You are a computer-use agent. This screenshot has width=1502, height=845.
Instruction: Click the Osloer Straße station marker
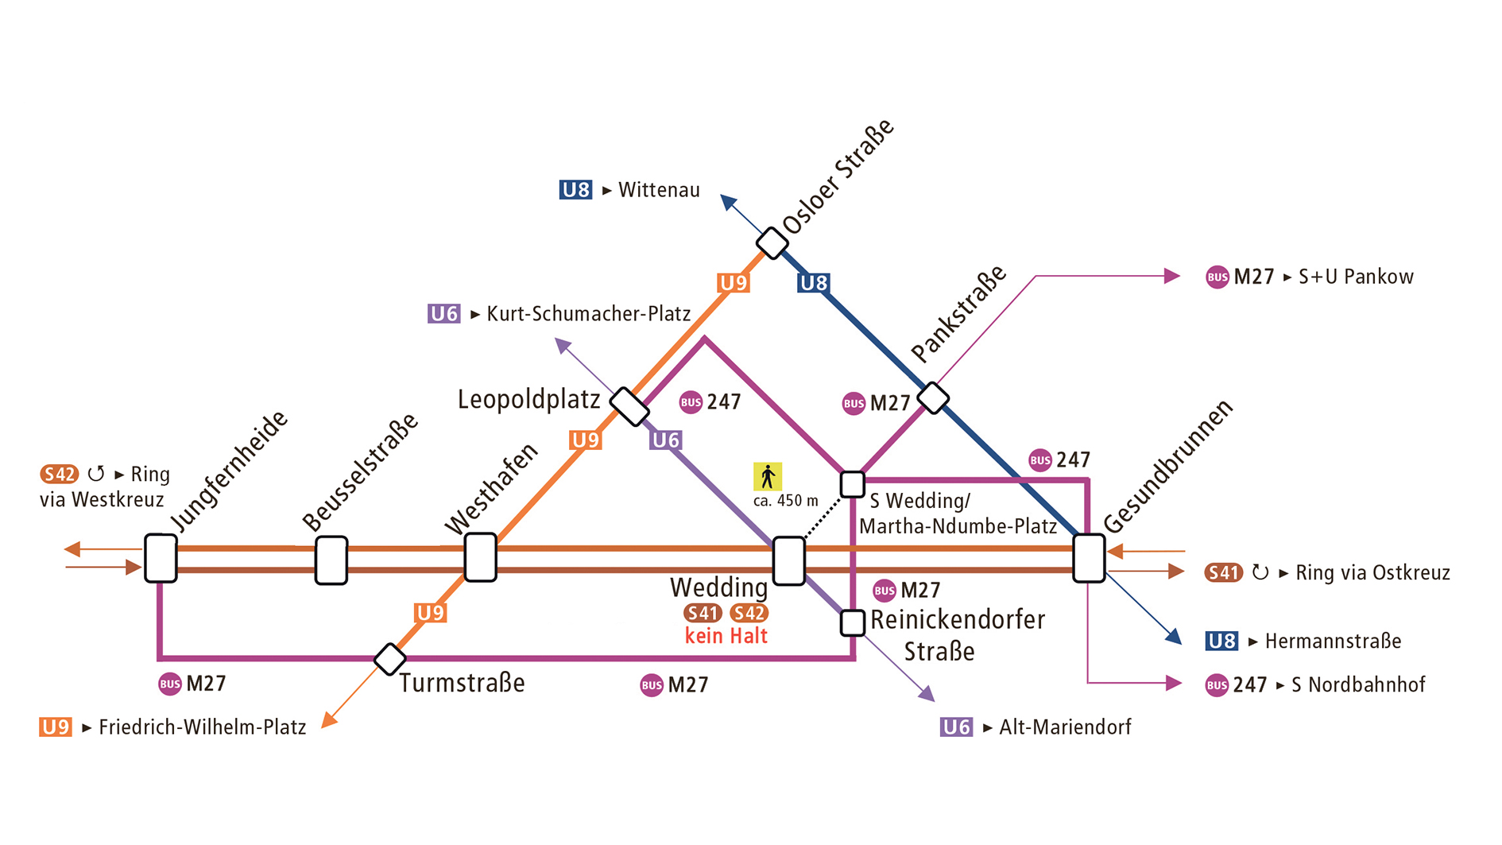[772, 242]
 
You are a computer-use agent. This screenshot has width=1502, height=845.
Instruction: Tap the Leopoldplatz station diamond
[629, 406]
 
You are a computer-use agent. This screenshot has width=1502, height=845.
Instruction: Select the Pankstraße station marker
[933, 397]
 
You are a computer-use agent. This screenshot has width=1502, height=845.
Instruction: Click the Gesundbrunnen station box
[1089, 558]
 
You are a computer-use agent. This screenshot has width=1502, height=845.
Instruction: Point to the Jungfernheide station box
[161, 558]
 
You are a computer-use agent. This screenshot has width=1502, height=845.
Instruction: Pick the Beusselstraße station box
[331, 560]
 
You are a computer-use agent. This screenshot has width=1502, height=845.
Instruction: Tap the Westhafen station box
[480, 557]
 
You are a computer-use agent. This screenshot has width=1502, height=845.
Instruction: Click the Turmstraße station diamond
[390, 659]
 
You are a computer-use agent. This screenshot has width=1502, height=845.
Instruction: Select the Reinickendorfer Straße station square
[853, 622]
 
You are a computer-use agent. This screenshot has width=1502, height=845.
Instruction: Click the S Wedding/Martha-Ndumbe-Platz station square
[853, 483]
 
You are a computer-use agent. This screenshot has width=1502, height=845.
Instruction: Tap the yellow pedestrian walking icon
[768, 476]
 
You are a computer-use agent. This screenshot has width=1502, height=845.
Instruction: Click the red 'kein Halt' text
[726, 636]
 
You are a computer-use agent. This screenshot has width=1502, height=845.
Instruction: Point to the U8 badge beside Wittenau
[575, 190]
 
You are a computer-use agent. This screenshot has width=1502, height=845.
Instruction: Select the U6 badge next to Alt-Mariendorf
[956, 727]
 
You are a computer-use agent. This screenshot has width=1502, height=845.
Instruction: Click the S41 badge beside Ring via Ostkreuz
[1223, 572]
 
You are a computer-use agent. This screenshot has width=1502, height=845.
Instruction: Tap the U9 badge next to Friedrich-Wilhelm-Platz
[56, 727]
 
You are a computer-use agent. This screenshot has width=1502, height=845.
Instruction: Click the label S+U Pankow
[1356, 277]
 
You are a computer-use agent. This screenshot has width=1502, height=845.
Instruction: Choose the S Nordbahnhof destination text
[1358, 684]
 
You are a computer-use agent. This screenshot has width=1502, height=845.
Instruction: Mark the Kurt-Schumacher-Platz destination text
[588, 314]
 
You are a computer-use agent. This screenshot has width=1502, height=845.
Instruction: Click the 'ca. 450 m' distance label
[785, 501]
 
